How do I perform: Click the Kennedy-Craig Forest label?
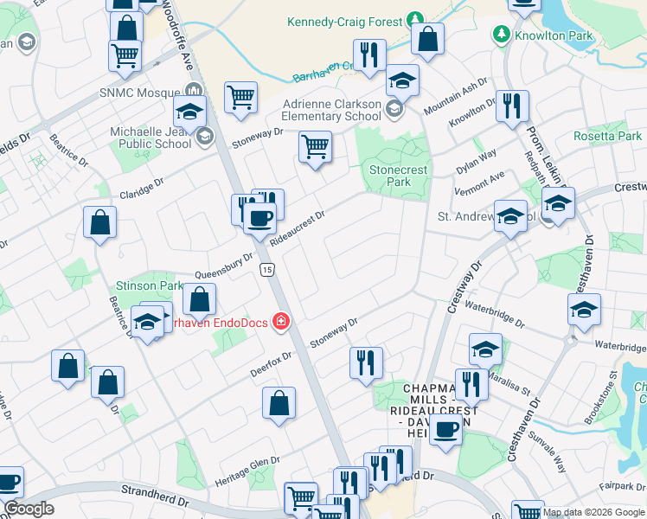344,21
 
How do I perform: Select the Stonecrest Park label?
398,176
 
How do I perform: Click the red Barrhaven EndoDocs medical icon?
279,323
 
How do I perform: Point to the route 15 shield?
266,271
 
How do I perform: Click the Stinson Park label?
148,285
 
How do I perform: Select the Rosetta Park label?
607,137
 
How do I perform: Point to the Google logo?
29,509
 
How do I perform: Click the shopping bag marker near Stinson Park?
200,299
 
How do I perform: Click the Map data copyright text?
593,512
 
